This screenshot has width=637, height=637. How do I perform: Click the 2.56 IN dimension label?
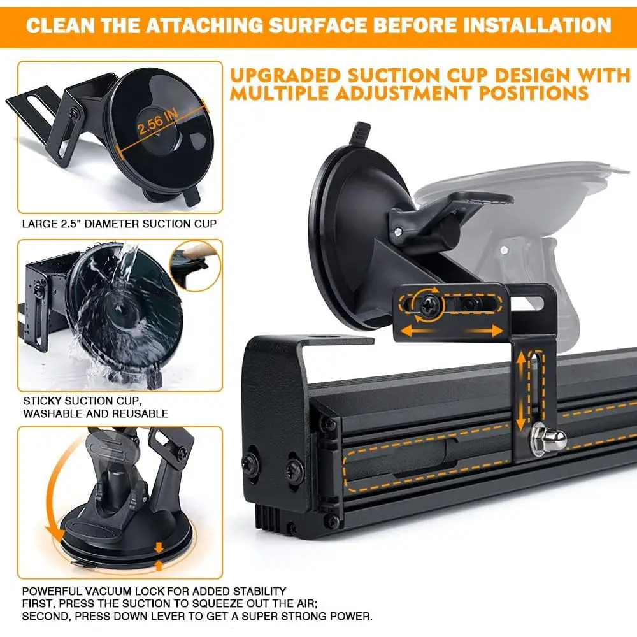157,122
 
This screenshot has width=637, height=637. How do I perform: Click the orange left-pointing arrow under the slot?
417,329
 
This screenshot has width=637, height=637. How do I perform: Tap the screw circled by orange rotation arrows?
427,305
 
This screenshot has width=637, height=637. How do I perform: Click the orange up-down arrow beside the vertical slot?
521,390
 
